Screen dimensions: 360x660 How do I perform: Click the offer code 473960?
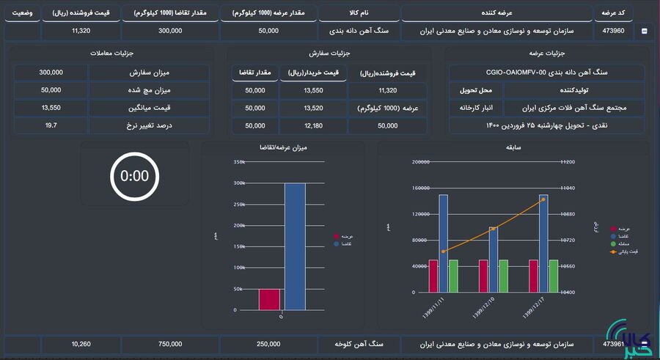click(x=613, y=31)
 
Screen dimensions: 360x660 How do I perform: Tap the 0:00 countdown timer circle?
click(x=134, y=176)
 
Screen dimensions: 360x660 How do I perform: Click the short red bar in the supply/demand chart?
click(x=269, y=299)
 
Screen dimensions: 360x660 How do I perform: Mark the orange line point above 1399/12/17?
click(x=543, y=199)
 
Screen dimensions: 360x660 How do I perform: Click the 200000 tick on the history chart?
click(x=420, y=162)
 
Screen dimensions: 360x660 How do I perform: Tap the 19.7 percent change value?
click(x=51, y=125)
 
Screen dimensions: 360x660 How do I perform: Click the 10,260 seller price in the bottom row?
click(x=81, y=344)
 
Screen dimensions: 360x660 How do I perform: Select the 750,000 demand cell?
click(x=170, y=344)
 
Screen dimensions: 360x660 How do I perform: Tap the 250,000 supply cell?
click(x=268, y=344)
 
